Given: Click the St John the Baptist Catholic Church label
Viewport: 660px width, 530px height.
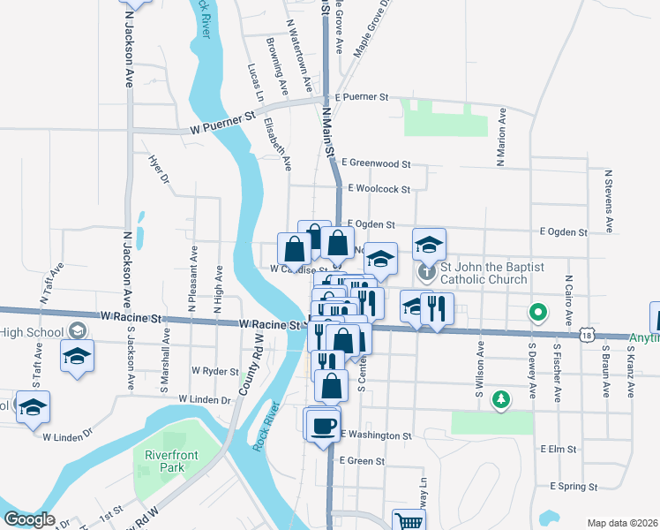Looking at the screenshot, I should [x=484, y=273].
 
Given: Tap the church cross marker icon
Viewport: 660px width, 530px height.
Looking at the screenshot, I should [x=427, y=272].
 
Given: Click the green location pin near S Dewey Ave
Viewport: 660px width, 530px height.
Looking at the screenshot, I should [x=536, y=313].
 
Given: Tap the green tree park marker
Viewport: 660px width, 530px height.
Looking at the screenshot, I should [x=501, y=400].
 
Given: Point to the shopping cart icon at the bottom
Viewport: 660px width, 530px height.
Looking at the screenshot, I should [x=409, y=521].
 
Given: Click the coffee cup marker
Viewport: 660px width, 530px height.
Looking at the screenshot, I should [x=322, y=425].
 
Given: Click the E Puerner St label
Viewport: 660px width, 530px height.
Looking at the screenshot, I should [x=360, y=97].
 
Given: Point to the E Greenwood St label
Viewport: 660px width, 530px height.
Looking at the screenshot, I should [x=379, y=163].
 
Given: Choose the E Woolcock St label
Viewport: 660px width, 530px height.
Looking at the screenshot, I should [x=379, y=188].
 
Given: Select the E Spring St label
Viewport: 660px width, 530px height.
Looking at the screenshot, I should [x=574, y=487].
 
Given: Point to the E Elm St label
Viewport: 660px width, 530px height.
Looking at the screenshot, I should [x=559, y=450].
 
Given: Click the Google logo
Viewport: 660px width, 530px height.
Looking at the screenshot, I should [x=29, y=519].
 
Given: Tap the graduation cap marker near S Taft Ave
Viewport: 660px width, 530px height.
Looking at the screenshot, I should [x=77, y=356].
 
